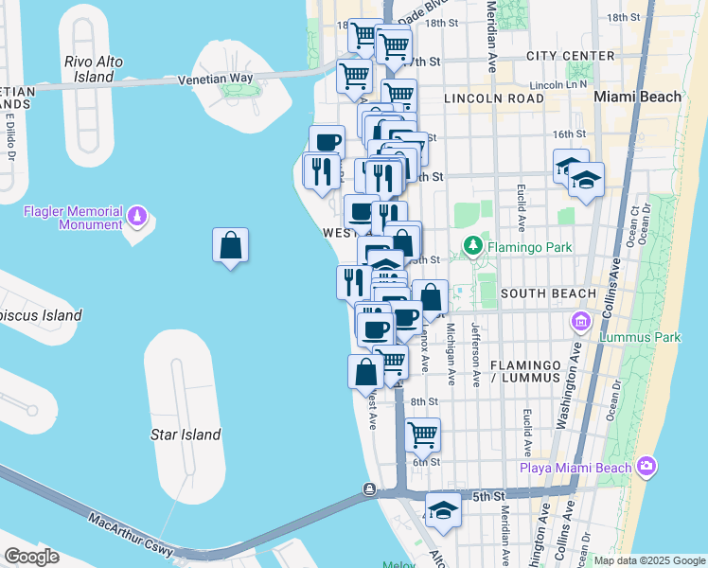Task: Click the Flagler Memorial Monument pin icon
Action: (x=138, y=218)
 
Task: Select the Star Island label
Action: (x=186, y=435)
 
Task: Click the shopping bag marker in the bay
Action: (x=231, y=247)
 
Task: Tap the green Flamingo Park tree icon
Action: (x=472, y=247)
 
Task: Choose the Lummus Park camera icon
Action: (x=579, y=323)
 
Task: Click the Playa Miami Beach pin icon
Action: (x=646, y=466)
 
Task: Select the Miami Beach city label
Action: (x=637, y=97)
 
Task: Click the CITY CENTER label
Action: (x=570, y=56)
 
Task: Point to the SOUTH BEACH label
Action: (x=548, y=293)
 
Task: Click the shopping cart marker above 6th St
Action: (x=422, y=435)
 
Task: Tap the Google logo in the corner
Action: (x=30, y=557)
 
